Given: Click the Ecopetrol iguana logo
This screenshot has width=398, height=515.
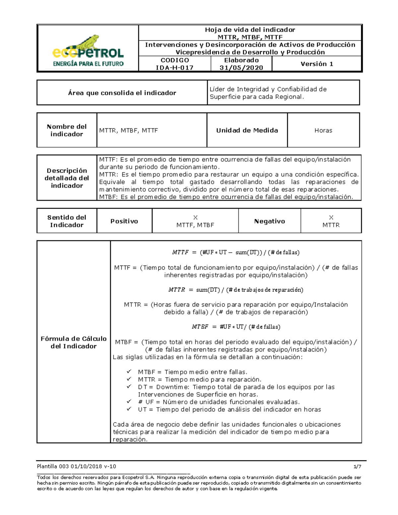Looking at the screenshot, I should tap(88, 50).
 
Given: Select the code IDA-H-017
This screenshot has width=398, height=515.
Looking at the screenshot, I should tap(174, 68).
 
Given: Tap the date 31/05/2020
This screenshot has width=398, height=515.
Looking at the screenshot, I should tap(241, 68).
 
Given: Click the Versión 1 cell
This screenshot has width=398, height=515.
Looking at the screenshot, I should tap(317, 64).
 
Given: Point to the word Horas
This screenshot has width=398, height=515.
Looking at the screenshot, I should tap(323, 130).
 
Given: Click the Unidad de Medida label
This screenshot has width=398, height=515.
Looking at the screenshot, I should tap(247, 130).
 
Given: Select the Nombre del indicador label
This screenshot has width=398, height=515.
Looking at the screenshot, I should tap(67, 130).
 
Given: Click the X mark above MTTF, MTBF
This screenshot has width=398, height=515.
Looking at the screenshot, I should tap(195, 218).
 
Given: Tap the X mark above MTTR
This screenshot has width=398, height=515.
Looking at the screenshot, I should tap(331, 218).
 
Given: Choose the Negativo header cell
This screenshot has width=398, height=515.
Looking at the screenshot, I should tap(269, 221).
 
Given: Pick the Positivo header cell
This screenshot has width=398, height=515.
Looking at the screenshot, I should tap(124, 221).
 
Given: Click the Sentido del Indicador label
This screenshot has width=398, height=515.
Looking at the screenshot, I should tap(67, 221).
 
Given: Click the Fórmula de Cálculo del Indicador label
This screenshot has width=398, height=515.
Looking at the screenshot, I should tap(74, 342).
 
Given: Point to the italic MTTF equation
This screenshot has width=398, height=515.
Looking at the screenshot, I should tap(235, 252).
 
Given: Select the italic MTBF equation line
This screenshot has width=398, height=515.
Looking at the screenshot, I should tap(236, 327).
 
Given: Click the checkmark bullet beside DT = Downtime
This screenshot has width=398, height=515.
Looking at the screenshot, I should tap(129, 387).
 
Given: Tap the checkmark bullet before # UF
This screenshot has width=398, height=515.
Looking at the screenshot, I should tap(129, 402).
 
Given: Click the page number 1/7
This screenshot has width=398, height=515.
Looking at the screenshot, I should tap(357, 466).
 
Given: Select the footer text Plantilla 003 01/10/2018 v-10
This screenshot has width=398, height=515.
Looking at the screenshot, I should tap(77, 466).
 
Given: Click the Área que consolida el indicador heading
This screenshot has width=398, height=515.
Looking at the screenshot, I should tap(122, 93).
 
